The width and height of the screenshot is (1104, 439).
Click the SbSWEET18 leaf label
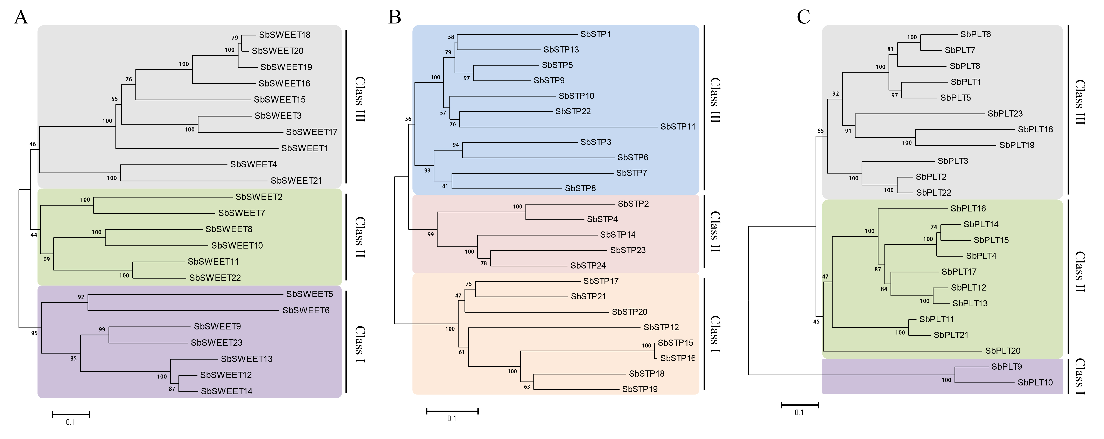pos(285,35)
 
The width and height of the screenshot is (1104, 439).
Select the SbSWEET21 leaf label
pos(296,181)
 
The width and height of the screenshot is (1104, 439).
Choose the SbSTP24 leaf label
pos(588,265)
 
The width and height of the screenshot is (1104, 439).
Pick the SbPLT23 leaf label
pos(1005,114)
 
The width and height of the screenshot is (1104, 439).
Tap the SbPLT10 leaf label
pos(1035,382)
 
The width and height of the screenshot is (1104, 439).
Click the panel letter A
pos(21,18)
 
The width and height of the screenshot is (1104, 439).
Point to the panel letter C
pos(804,17)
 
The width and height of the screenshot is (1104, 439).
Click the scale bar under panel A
pos(71,414)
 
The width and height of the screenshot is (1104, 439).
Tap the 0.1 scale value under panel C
pos(799,412)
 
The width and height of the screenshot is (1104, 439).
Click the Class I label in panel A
pos(360,344)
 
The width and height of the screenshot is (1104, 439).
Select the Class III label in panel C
pos(1079,102)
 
